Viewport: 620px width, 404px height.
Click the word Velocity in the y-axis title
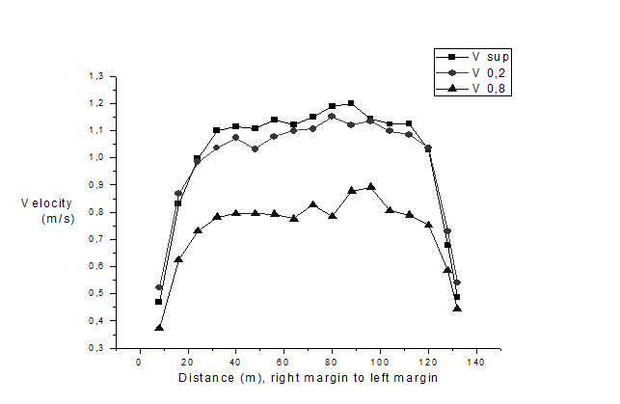[44, 203]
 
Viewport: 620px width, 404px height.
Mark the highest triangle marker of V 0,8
[370, 187]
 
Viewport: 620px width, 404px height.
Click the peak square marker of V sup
[351, 103]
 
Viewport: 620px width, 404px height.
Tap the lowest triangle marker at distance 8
[159, 328]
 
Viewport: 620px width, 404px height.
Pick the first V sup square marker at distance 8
[159, 302]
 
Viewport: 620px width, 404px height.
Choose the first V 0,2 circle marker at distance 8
[159, 287]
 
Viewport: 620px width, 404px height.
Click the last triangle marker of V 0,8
[457, 309]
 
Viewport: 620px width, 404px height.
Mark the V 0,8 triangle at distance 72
[312, 204]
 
